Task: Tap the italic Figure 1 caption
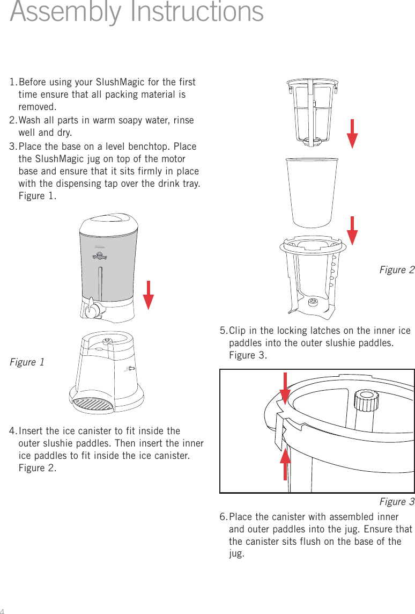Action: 27,362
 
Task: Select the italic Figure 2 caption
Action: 397,270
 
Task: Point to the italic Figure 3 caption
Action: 397,502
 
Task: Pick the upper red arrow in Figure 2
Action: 352,134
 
